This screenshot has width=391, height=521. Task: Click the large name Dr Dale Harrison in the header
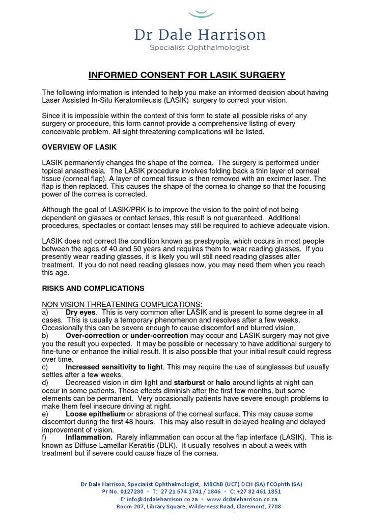pos(200,35)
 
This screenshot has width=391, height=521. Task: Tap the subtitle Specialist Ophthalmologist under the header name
pos(200,48)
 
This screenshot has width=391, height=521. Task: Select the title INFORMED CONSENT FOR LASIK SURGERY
pos(187,75)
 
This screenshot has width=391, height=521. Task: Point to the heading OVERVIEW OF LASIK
pos(79,147)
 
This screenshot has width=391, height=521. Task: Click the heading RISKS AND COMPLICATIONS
pos(93,288)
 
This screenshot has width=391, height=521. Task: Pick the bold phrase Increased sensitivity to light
pos(115,367)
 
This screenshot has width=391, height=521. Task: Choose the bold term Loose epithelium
pos(95,414)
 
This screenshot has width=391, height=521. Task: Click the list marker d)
pos(45,383)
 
